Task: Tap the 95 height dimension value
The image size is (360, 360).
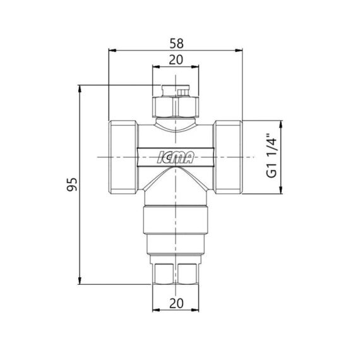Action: tap(73, 184)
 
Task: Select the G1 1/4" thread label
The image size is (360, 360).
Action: tap(273, 155)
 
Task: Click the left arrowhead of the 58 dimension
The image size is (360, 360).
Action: tap(111, 50)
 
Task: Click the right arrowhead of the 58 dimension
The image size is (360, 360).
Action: tap(243, 50)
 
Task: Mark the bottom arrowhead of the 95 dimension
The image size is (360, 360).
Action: tap(80, 283)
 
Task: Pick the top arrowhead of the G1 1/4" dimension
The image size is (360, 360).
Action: tap(281, 123)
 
